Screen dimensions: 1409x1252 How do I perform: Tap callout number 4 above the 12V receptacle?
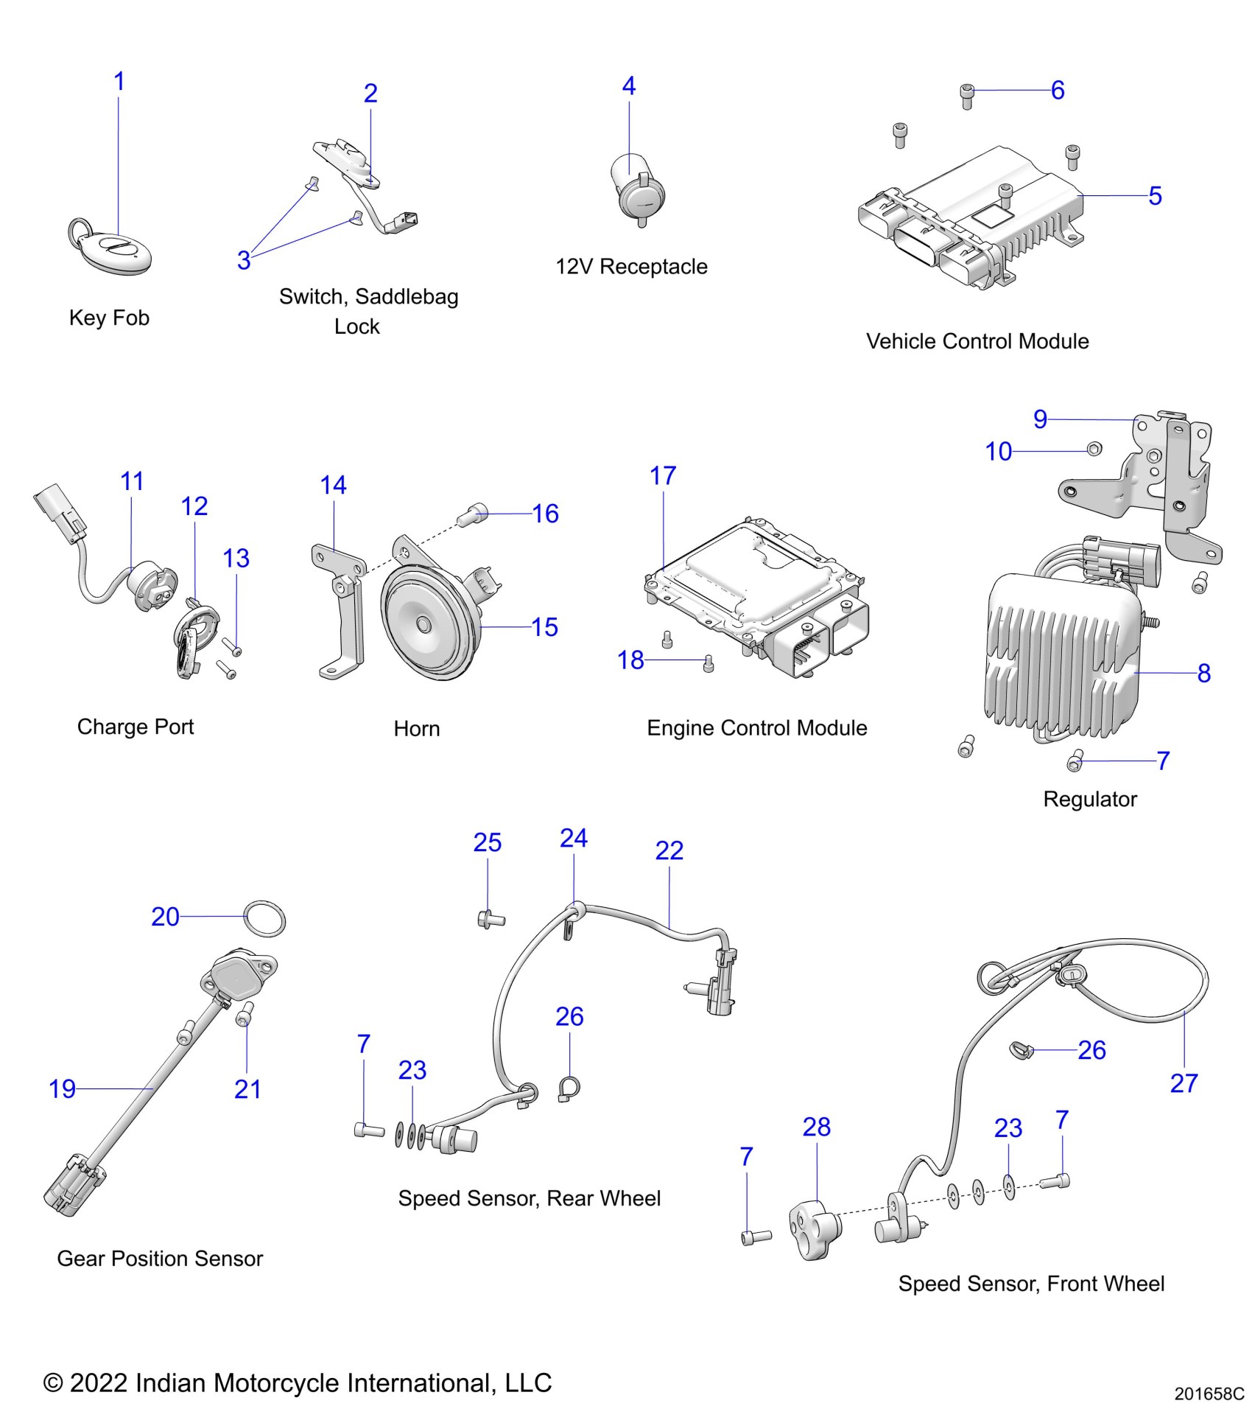tap(628, 86)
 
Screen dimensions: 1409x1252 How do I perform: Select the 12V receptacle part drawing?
tap(638, 189)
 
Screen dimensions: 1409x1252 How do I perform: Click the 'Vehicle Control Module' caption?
tap(977, 341)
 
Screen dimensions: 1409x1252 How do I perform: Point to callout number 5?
tap(1154, 196)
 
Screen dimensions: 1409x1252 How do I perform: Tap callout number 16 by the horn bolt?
tap(545, 514)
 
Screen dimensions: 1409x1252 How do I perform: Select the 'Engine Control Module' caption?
tap(756, 728)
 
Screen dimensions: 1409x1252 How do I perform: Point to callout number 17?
tap(662, 476)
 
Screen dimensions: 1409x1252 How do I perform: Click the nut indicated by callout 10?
tap(1094, 448)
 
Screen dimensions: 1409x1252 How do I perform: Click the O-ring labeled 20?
tap(264, 918)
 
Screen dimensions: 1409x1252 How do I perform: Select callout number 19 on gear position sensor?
tap(62, 1088)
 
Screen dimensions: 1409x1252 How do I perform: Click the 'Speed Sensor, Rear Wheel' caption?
tap(529, 1199)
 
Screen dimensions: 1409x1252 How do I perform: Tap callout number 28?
tap(816, 1127)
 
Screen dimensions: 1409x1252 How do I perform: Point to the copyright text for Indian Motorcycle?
tap(298, 1382)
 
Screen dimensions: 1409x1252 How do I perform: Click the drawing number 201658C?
tap(1209, 1394)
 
